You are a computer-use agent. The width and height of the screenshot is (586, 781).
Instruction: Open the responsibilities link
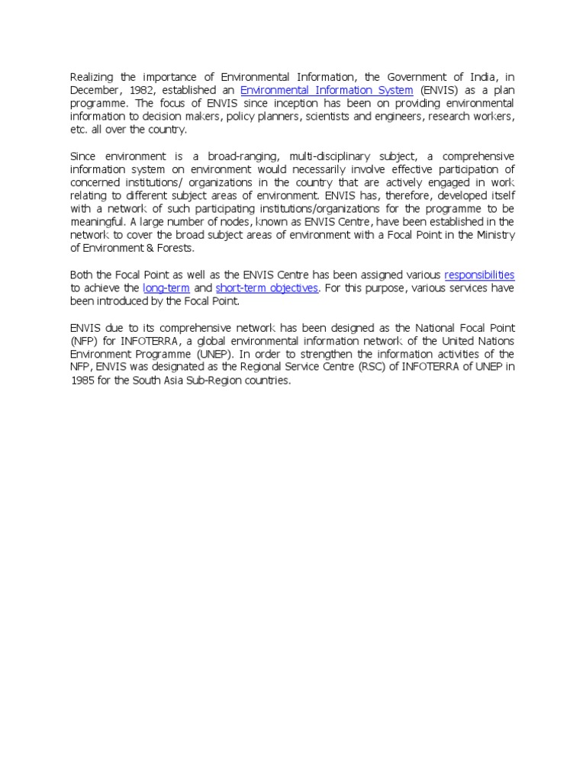click(x=479, y=275)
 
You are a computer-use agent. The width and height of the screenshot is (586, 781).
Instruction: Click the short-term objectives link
click(x=267, y=288)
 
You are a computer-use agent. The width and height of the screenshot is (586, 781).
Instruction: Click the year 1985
click(x=82, y=381)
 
